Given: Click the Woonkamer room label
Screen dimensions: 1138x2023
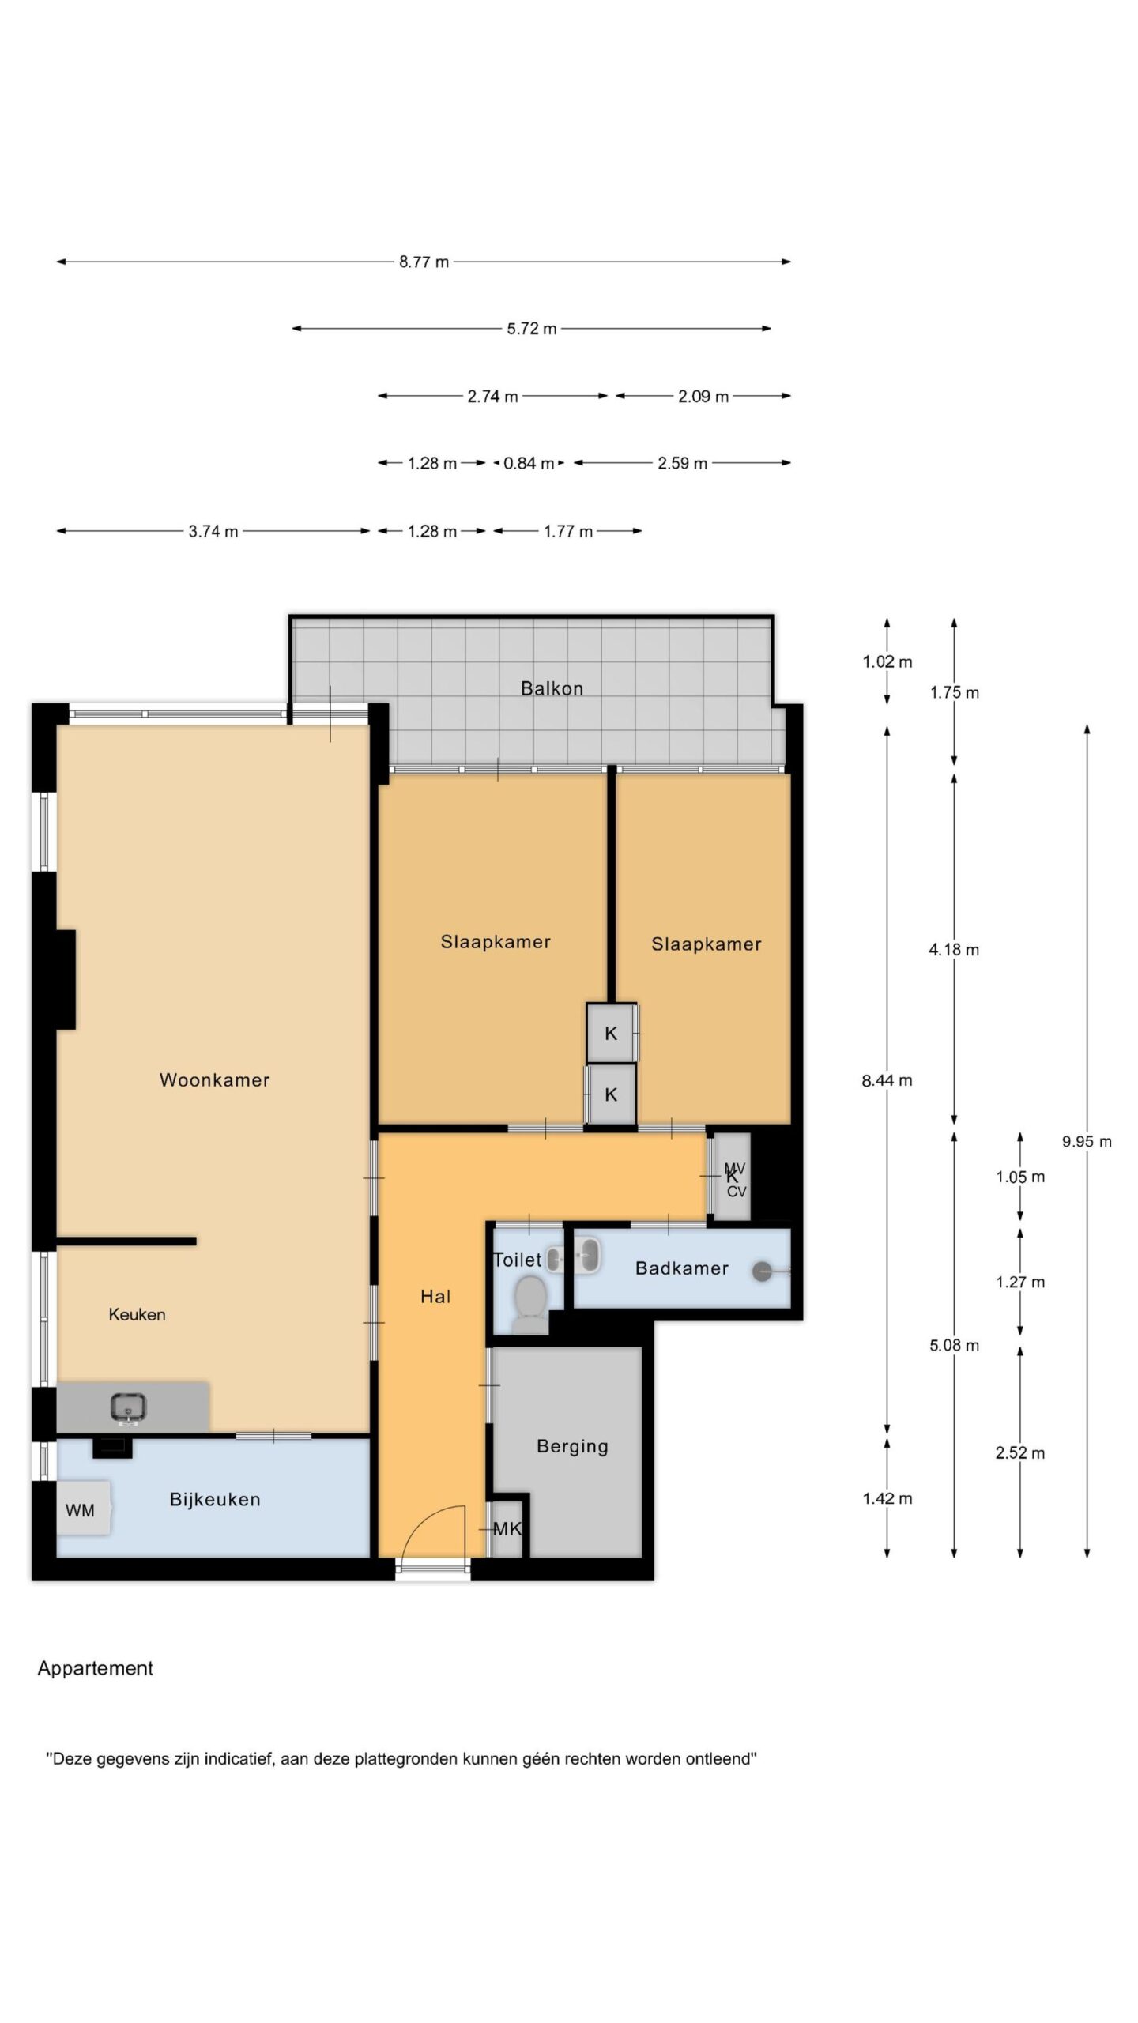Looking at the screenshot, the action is [x=214, y=1079].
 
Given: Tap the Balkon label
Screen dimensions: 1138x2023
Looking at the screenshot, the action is [x=552, y=688].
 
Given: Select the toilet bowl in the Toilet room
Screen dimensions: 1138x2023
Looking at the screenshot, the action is [x=529, y=1298].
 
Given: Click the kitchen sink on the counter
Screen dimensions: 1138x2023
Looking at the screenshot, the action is [x=129, y=1407].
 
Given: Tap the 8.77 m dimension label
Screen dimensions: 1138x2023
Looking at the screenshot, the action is [x=424, y=262].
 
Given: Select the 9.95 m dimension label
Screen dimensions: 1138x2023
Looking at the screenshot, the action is [x=1087, y=1141].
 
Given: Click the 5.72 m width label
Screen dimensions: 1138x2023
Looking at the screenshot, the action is [x=532, y=329].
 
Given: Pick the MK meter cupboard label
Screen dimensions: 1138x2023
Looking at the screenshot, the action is [x=507, y=1528].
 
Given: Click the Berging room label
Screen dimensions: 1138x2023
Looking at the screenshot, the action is [x=572, y=1446].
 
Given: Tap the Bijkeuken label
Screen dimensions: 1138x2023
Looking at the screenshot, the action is [x=215, y=1499].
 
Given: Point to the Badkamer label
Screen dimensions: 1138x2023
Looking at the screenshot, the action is [x=681, y=1268].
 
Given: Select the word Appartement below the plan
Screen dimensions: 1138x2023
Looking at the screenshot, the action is [x=96, y=1668].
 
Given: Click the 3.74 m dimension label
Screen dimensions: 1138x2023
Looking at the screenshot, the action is [x=213, y=532].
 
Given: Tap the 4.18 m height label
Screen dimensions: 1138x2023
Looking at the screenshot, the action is [x=954, y=949].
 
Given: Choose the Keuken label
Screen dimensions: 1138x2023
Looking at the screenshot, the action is [x=137, y=1314].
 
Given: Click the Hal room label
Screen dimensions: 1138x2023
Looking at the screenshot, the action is [x=435, y=1296].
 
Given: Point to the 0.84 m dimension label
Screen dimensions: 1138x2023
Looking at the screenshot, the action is [x=529, y=464].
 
